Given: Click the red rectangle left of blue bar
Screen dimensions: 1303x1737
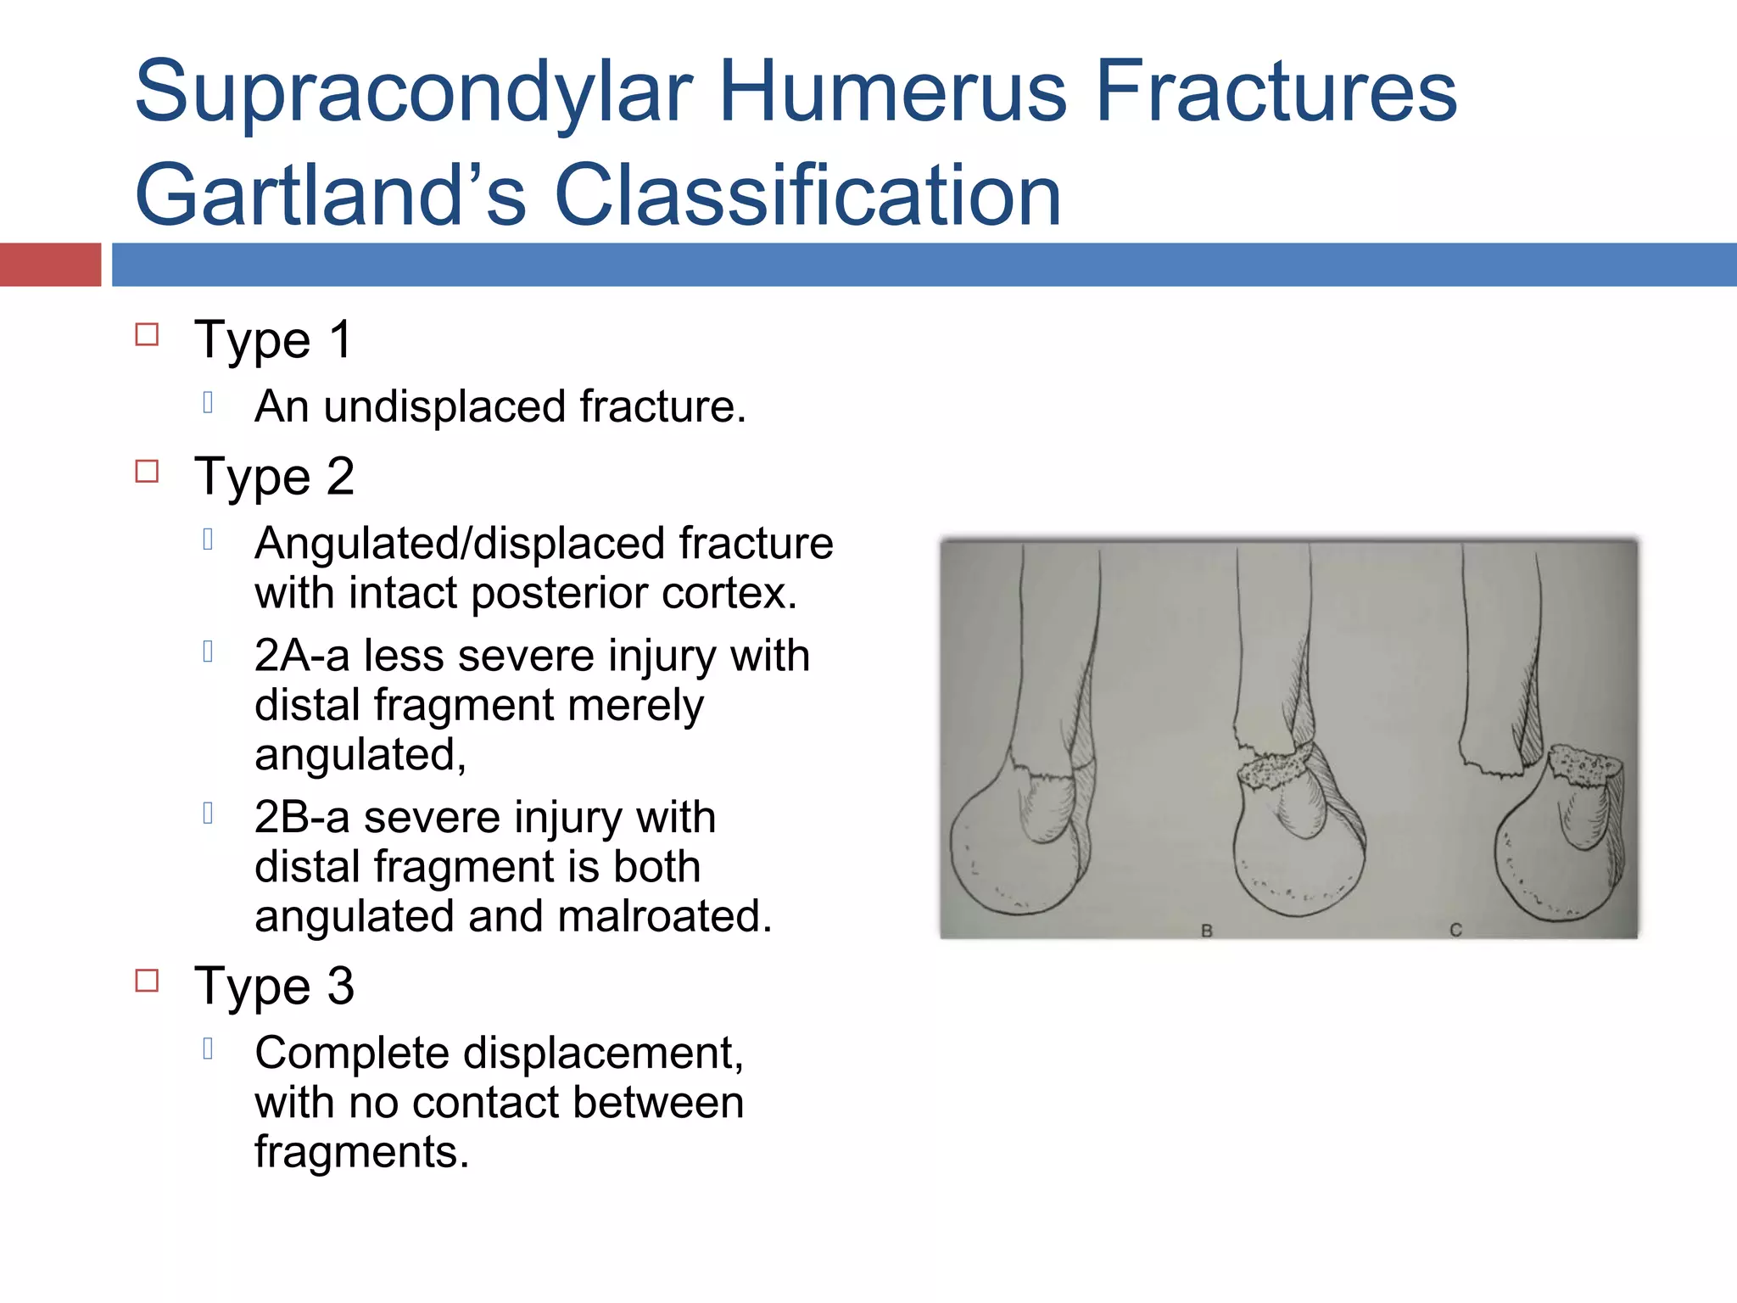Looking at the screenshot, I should pos(50,265).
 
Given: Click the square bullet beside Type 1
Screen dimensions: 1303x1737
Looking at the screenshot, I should pos(147,334).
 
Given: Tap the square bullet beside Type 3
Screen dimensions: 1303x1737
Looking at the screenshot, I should pos(147,981).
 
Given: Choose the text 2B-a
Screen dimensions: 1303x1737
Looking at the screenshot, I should pos(302,818).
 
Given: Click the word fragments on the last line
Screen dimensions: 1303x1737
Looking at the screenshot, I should pos(361,1152).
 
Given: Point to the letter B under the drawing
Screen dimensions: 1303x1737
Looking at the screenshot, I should pos(1207,931).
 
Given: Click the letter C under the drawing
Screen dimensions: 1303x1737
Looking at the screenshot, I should pos(1455,930).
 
